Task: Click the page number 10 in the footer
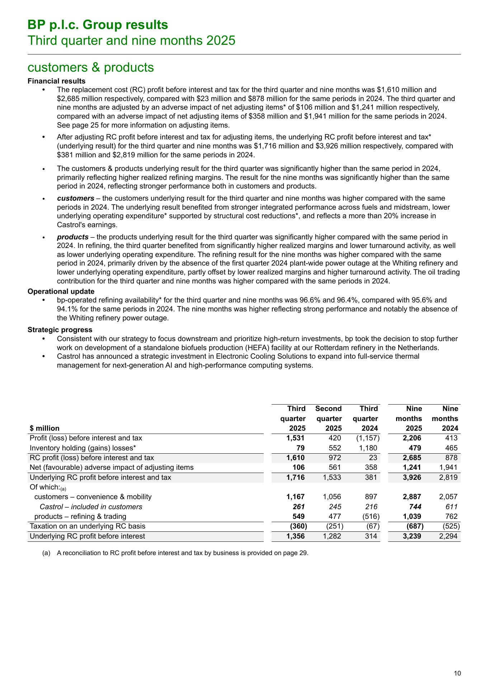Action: tap(457, 673)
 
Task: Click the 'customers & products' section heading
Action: tap(90, 67)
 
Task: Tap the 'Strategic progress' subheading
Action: tap(60, 330)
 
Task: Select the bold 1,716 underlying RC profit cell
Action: tap(296, 477)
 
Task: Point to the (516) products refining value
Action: tap(370, 516)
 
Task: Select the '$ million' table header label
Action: tap(45, 428)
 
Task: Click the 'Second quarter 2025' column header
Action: tap(328, 418)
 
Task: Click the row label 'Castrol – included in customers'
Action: tap(91, 507)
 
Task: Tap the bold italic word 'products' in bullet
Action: tap(72, 237)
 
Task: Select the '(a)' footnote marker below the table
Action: tap(46, 553)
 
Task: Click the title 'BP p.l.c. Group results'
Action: tap(98, 25)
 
